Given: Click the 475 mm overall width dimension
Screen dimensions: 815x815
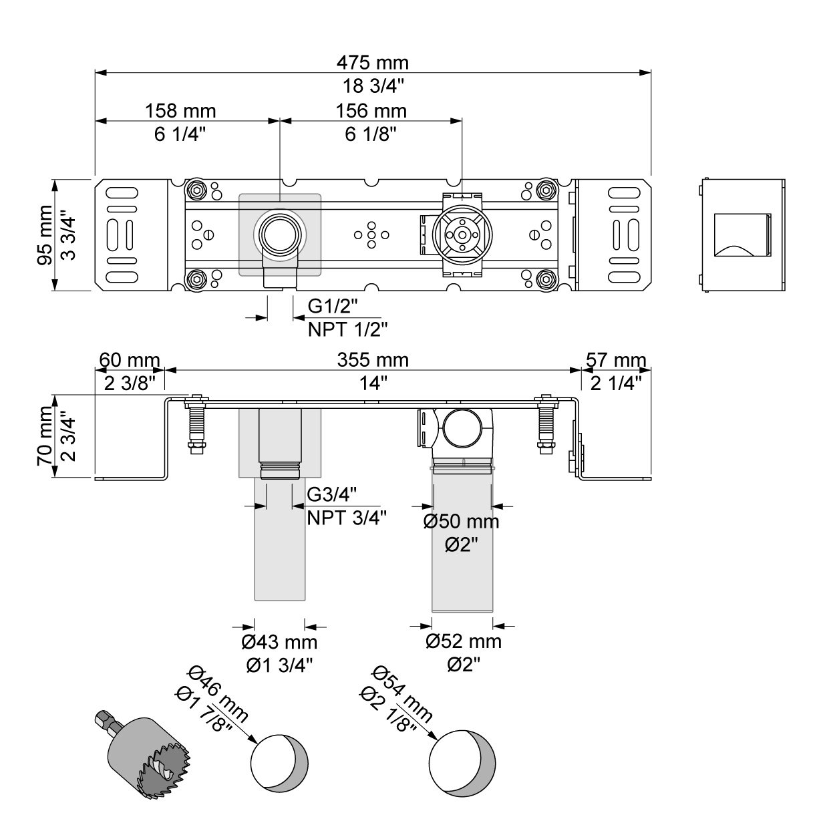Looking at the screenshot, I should coord(372,63).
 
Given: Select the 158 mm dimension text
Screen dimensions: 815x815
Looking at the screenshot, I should coord(180,110).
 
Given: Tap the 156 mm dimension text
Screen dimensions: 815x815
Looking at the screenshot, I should coord(371,110).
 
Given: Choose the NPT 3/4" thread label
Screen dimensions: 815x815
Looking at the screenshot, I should coord(347,518).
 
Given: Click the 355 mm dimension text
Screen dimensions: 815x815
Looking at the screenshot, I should coord(373,361).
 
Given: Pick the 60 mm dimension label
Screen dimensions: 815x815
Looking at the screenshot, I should coord(130,361).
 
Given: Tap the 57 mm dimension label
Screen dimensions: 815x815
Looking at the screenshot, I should coord(615,361).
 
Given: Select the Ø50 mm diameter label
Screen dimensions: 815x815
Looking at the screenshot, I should coord(461,522).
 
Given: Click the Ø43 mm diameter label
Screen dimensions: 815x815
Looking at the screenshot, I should coord(279,643).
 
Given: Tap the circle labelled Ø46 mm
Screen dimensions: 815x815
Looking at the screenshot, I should coord(279,762).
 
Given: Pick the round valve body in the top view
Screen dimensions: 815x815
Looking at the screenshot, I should coord(462,234).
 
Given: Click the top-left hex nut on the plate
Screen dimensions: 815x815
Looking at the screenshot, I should coord(196,189).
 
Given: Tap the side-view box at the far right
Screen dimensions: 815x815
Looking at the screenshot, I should coord(742,234).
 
